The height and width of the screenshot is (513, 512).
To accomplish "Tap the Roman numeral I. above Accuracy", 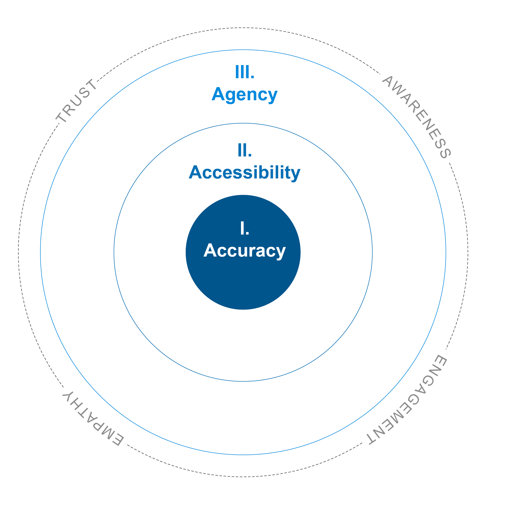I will pyautogui.click(x=245, y=229).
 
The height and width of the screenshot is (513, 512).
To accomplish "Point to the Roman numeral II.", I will pyautogui.click(x=245, y=151).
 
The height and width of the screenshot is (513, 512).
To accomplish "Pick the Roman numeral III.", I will pyautogui.click(x=245, y=72).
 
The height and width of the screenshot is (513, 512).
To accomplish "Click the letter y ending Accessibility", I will pyautogui.click(x=295, y=174).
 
